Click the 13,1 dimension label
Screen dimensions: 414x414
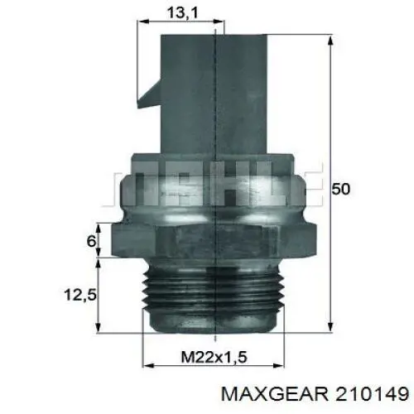(183, 12)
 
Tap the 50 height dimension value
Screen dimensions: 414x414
(340, 189)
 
